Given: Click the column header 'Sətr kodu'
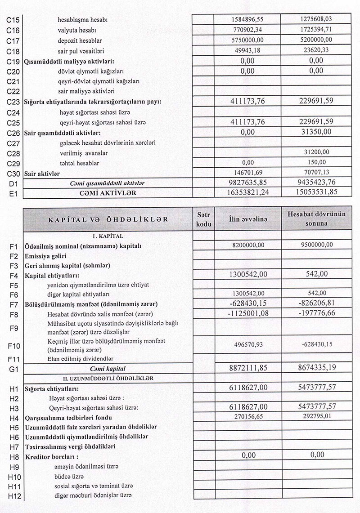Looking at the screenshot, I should pyautogui.click(x=204, y=219).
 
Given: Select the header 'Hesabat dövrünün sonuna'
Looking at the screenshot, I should pyautogui.click(x=317, y=219).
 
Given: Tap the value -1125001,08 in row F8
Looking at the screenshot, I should pyautogui.click(x=247, y=313).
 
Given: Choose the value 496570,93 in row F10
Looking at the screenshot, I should pyautogui.click(x=247, y=344).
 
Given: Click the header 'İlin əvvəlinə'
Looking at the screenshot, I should pyautogui.click(x=247, y=219).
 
